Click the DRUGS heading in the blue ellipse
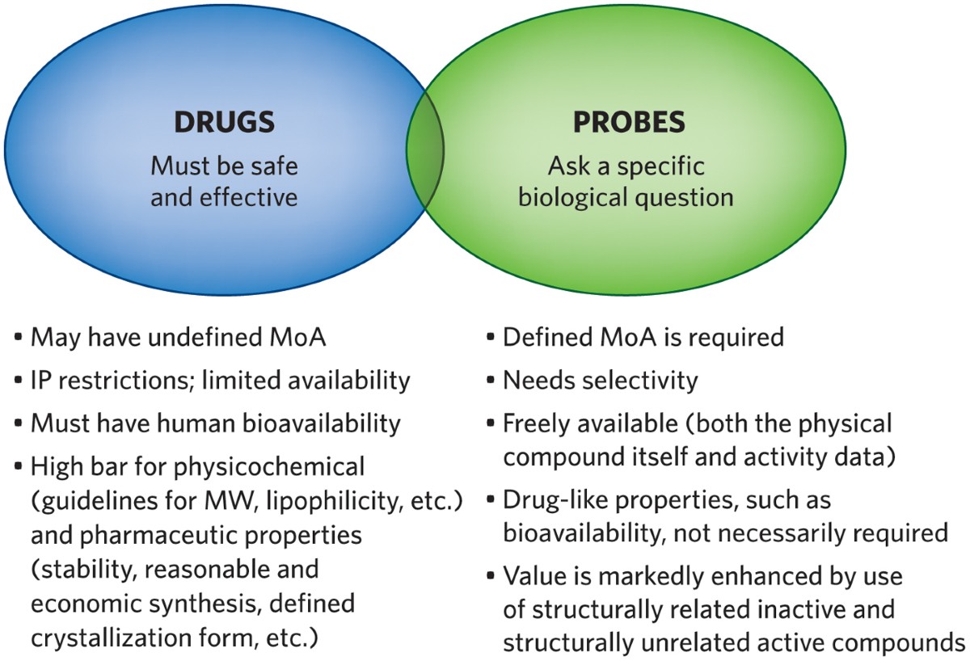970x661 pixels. (224, 122)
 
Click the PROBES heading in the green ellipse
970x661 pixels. (629, 122)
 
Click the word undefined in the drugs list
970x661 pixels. (201, 337)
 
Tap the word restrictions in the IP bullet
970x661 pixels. (131, 380)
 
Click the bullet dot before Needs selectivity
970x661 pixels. (492, 381)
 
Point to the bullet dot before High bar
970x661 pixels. (19, 466)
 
